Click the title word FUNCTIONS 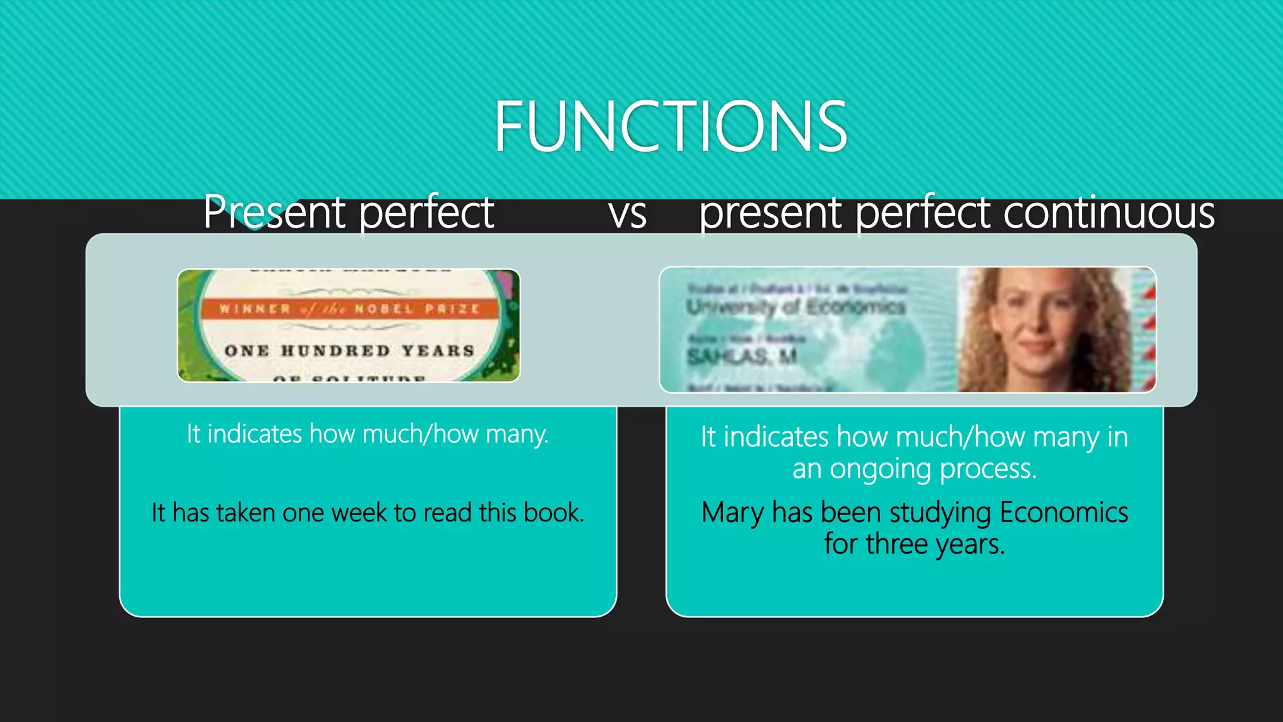click(x=670, y=127)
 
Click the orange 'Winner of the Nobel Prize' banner click(x=349, y=309)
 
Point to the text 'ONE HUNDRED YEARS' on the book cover click(x=349, y=350)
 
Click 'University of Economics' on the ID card click(x=796, y=307)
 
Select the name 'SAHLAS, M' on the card click(x=742, y=357)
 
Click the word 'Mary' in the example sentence click(x=732, y=513)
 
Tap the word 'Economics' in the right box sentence click(x=1063, y=513)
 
